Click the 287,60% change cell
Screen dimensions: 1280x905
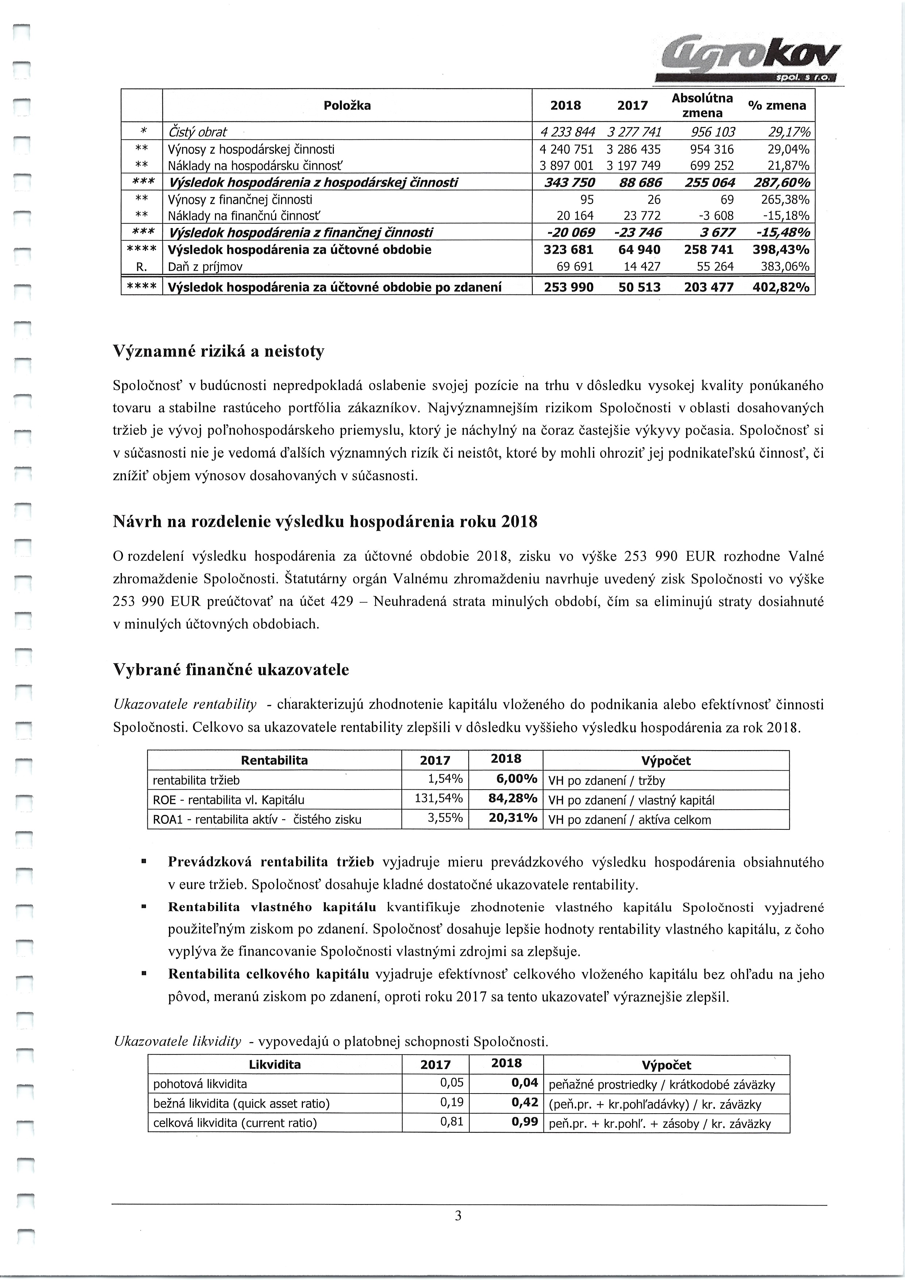tap(780, 182)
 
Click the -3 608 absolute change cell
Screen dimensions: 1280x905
tap(717, 216)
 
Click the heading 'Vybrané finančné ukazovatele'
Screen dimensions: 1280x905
tap(231, 670)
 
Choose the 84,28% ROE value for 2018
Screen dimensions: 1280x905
tap(512, 798)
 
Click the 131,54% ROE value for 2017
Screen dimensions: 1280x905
tap(439, 798)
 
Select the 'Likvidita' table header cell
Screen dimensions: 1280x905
tap(274, 1065)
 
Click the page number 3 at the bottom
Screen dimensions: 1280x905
tap(458, 1227)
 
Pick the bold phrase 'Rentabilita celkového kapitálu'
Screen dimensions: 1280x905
tap(268, 974)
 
